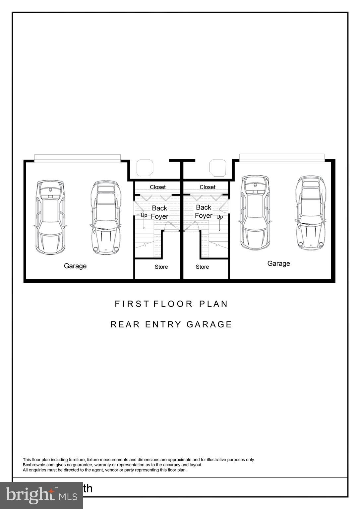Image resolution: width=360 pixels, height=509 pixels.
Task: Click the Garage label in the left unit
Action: [x=75, y=266]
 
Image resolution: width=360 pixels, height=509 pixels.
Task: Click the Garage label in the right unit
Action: [x=278, y=263]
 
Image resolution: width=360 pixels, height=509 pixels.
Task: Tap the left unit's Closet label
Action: [x=157, y=187]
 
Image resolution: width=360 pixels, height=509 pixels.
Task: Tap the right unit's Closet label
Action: [x=208, y=187]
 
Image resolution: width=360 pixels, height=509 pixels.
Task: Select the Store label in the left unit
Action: [x=161, y=267]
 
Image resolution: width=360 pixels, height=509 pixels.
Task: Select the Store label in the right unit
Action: [x=202, y=267]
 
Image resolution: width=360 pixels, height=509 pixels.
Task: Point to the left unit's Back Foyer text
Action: [x=159, y=212]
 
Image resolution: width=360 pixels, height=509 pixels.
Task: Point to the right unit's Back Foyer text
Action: [x=204, y=211]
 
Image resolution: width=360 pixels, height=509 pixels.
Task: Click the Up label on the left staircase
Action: [x=144, y=215]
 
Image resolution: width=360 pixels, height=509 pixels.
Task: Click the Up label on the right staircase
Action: [x=219, y=217]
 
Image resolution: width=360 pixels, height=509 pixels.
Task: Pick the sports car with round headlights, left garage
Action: [x=105, y=217]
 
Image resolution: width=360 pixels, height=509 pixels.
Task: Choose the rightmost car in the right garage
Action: [x=310, y=213]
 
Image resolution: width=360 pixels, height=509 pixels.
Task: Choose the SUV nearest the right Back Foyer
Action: [x=255, y=213]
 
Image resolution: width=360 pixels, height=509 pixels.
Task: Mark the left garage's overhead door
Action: [x=78, y=158]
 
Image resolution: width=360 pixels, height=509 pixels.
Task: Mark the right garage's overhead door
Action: [x=282, y=158]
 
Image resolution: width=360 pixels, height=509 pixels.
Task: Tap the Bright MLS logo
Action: [x=41, y=495]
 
